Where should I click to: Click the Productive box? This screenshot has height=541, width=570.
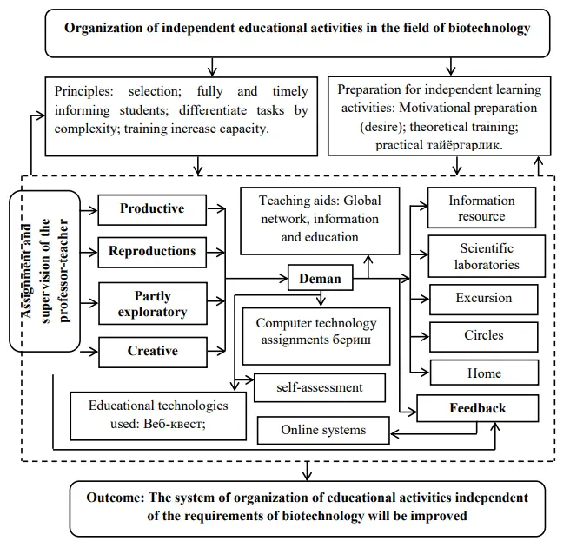pos(152,208)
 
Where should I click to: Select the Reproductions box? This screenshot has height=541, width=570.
pos(152,251)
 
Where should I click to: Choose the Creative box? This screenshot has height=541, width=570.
pos(152,351)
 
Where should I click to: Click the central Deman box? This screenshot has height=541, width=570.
pos(321,280)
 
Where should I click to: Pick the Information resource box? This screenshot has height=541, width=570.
pos(481,208)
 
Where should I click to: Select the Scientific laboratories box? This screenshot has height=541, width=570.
pos(487,256)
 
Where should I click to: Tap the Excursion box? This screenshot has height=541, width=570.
pos(483,298)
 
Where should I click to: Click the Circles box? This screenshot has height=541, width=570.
pos(483,335)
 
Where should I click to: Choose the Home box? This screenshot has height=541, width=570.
pos(483,373)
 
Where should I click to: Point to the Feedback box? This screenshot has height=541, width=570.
pos(477,408)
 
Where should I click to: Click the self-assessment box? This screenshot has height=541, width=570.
pos(320,387)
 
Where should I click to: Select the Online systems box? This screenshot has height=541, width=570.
pos(322,429)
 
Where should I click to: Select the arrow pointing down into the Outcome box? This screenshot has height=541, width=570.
pos(305,471)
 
